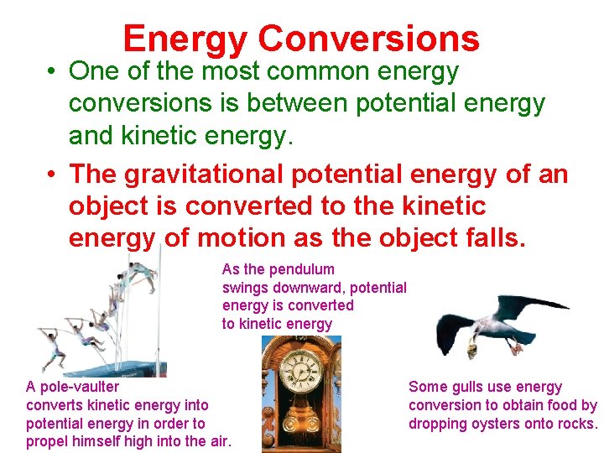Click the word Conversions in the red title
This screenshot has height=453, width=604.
pos(368,39)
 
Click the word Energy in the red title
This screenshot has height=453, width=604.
pos(185,39)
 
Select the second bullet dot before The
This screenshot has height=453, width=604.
pos(52,175)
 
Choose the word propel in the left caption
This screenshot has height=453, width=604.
pos(48,442)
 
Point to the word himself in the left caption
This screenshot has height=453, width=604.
pos(99,442)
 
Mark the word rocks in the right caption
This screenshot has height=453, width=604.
pos(577,424)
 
